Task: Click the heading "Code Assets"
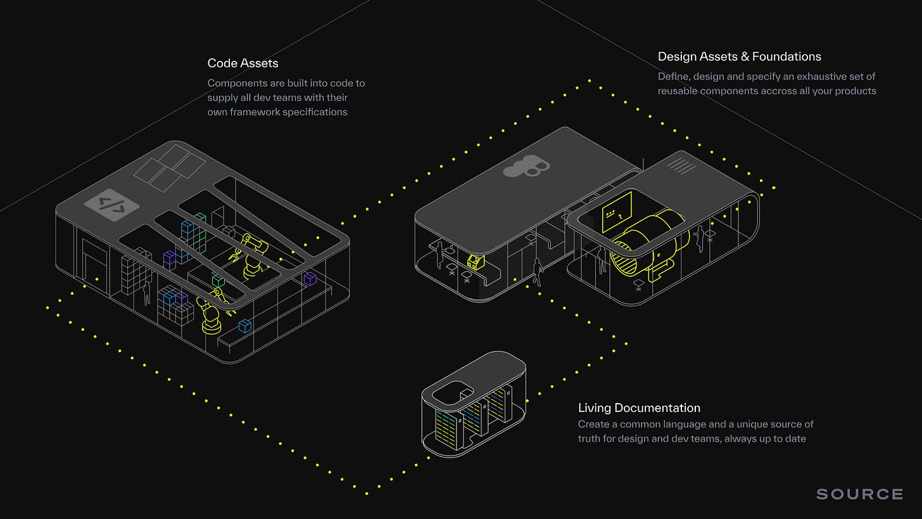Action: click(243, 63)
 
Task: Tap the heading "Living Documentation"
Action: click(639, 408)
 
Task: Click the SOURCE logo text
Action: click(859, 494)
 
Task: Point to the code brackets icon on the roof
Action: click(111, 205)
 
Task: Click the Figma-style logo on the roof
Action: click(526, 166)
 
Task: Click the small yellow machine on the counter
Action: click(473, 260)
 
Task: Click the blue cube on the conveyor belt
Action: click(244, 326)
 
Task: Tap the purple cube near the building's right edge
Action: click(310, 278)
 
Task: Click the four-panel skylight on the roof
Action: click(169, 167)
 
